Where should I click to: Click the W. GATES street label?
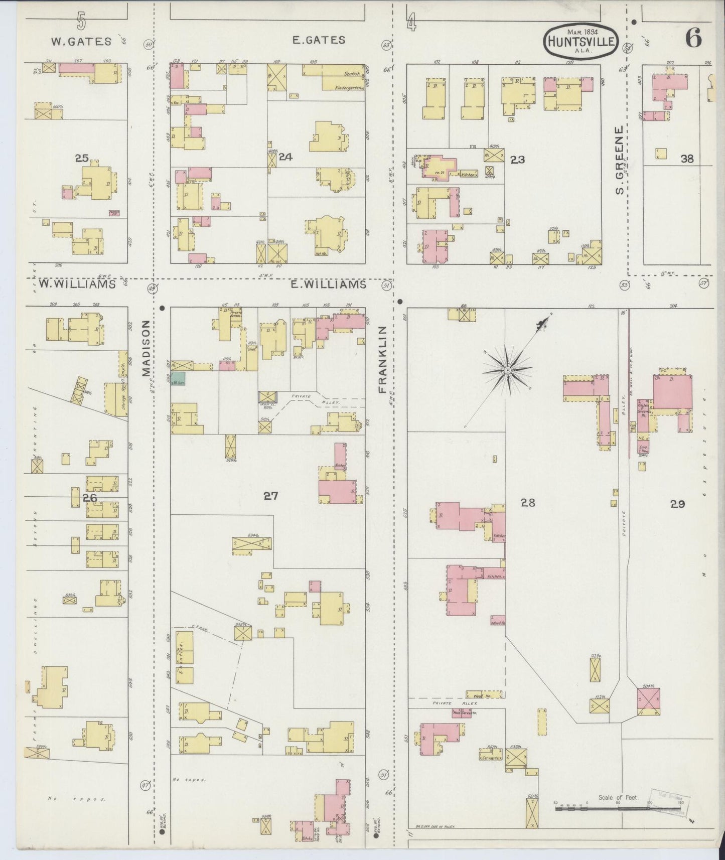pos(81,42)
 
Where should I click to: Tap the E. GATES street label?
pos(319,40)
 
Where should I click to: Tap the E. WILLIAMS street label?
pos(328,284)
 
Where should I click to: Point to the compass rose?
pos(508,370)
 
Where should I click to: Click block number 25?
pos(82,159)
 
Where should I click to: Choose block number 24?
pos(285,157)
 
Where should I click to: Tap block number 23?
pos(517,160)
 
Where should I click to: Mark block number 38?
pos(687,159)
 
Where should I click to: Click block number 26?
pos(90,498)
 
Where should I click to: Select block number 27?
pos(271,496)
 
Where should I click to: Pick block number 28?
pos(528,502)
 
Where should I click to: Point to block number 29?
pos(677,504)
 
